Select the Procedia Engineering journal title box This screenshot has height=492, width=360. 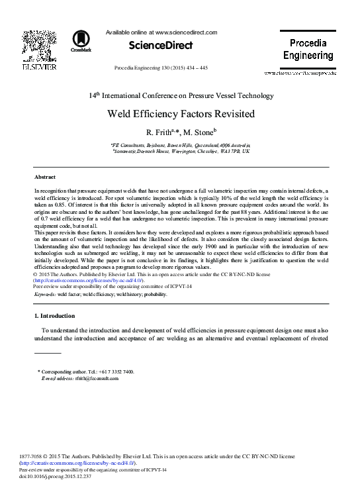(312, 49)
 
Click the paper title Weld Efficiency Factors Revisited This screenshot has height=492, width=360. (180, 113)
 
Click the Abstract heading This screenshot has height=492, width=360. (44, 177)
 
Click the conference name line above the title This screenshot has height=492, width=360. (180, 95)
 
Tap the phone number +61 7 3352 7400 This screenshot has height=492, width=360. (116, 371)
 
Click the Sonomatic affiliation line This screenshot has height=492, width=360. (180, 151)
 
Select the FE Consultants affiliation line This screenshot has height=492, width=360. (180, 144)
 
